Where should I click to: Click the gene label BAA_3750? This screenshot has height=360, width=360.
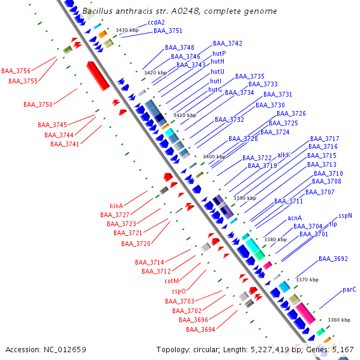click(38, 104)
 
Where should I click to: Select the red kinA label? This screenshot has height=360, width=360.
click(116, 206)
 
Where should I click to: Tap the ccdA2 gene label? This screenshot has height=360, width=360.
click(156, 22)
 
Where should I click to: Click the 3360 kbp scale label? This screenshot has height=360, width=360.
click(339, 320)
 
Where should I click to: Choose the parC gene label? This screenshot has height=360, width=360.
click(349, 290)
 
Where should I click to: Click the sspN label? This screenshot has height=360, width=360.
click(345, 215)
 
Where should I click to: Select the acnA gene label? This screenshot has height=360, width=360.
click(294, 218)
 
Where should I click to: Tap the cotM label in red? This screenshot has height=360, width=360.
click(172, 281)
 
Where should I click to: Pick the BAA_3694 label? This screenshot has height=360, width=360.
click(200, 329)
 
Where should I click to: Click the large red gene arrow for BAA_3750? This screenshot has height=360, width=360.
click(98, 76)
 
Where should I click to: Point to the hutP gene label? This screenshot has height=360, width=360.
click(219, 53)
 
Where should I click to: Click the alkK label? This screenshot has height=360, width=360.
click(284, 155)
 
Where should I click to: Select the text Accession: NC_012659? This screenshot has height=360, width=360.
click(46, 349)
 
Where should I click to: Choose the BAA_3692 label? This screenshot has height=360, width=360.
click(333, 259)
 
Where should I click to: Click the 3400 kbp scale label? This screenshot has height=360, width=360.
click(214, 157)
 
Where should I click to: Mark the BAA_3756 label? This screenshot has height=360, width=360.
click(16, 71)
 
